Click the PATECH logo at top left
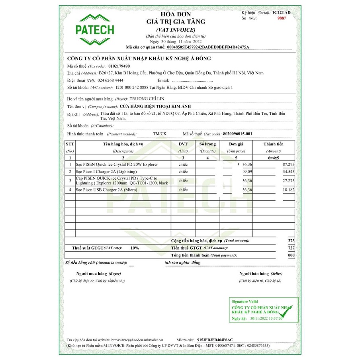[95, 29]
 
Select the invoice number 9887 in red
[282, 18]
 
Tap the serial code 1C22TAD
[282, 13]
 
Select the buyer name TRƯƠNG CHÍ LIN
[147, 99]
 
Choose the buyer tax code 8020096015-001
[238, 134]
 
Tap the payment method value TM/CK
[160, 134]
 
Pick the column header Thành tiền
[273, 144]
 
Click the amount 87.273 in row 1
[288, 164]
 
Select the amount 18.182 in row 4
[288, 190]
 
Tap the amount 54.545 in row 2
[288, 172]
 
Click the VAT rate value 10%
[135, 248]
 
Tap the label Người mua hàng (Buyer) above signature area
[98, 274]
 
